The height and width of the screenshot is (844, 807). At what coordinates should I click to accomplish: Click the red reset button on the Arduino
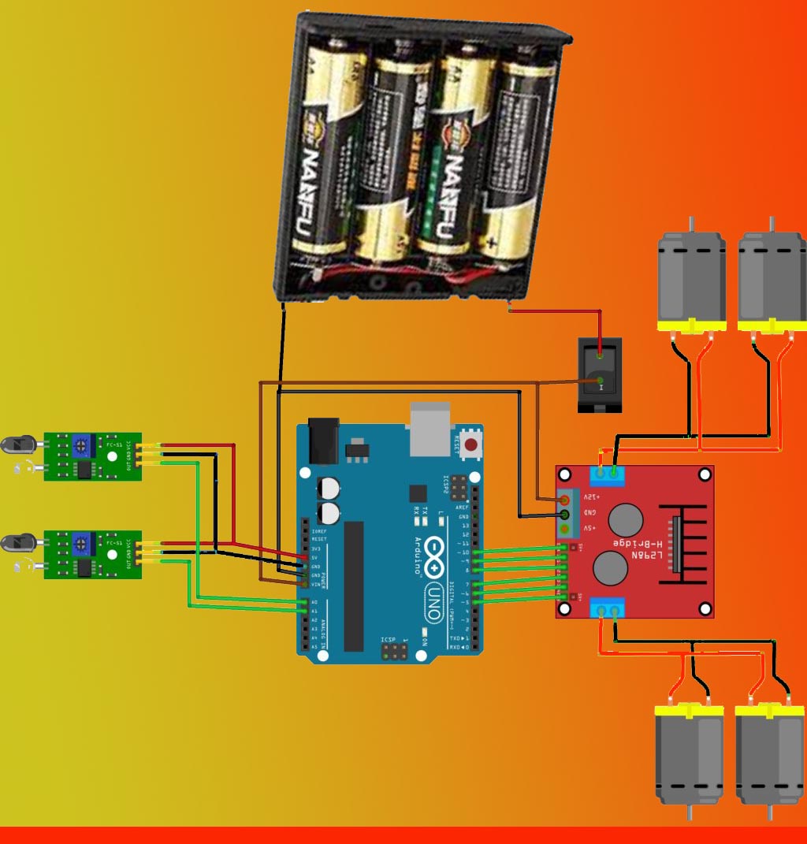pyautogui.click(x=470, y=445)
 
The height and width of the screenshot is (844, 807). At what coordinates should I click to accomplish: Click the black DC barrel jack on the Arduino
pyautogui.click(x=322, y=441)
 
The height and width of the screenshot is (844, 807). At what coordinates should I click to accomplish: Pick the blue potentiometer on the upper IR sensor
pyautogui.click(x=80, y=447)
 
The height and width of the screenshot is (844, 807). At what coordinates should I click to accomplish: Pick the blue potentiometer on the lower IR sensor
pyautogui.click(x=80, y=544)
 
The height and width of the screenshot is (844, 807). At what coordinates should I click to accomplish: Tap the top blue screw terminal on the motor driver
pyautogui.click(x=607, y=474)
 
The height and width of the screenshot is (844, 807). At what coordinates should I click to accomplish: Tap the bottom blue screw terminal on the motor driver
pyautogui.click(x=607, y=608)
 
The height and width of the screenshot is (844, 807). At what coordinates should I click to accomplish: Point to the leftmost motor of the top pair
pyautogui.click(x=691, y=280)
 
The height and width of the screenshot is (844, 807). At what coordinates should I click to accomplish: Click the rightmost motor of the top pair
pyautogui.click(x=772, y=280)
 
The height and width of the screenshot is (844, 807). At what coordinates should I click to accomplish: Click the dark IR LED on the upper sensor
pyautogui.click(x=20, y=444)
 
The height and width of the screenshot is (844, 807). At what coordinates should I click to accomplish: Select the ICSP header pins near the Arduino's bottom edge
pyautogui.click(x=394, y=652)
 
